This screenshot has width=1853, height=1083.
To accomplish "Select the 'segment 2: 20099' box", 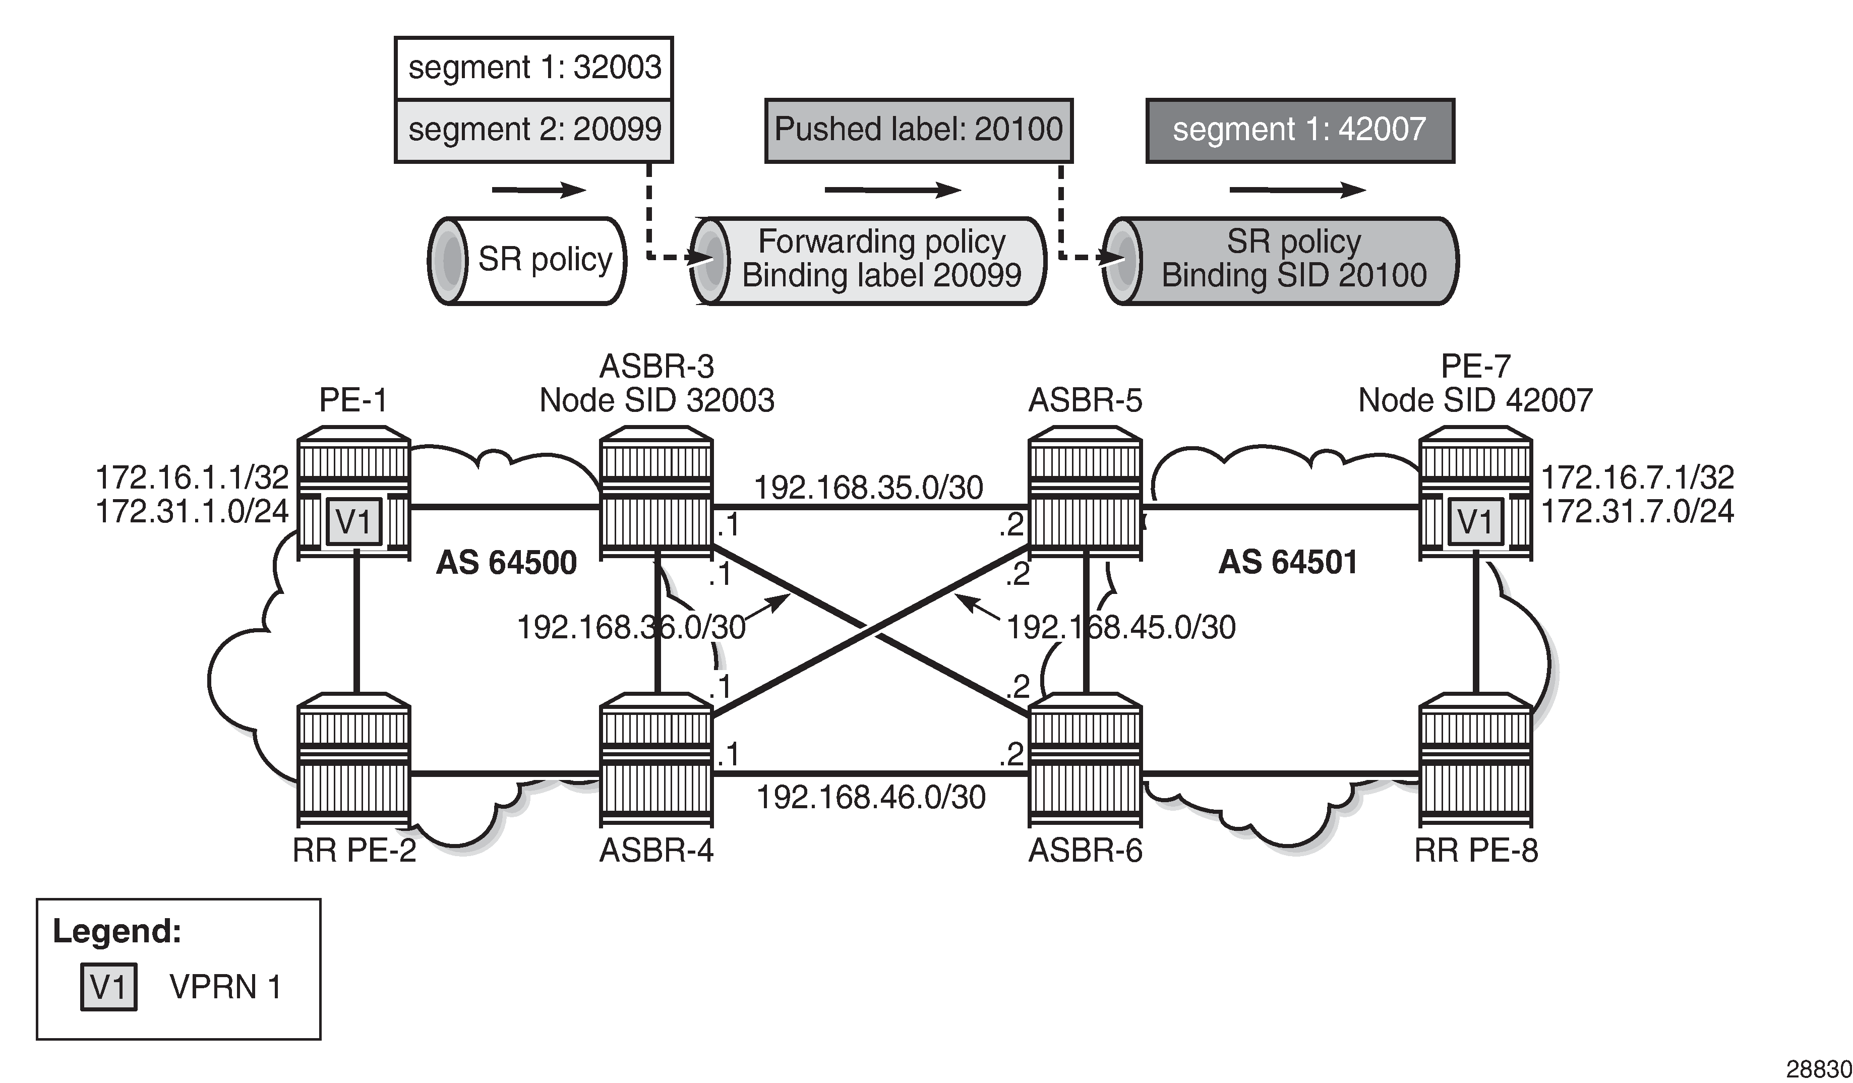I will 534,130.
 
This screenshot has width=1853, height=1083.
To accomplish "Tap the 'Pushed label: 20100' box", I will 918,130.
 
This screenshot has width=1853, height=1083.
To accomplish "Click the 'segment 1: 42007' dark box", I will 1299,130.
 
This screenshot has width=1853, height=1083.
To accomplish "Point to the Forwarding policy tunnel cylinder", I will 868,260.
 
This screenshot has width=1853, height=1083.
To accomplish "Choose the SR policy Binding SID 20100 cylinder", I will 1280,260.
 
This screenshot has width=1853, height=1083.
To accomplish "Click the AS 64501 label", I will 1288,563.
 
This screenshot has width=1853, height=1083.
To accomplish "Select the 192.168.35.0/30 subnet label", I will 868,488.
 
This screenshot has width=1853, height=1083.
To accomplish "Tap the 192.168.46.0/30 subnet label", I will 871,798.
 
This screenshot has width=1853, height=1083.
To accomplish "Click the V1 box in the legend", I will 109,987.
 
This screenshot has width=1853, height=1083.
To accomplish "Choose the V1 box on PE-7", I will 1475,522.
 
